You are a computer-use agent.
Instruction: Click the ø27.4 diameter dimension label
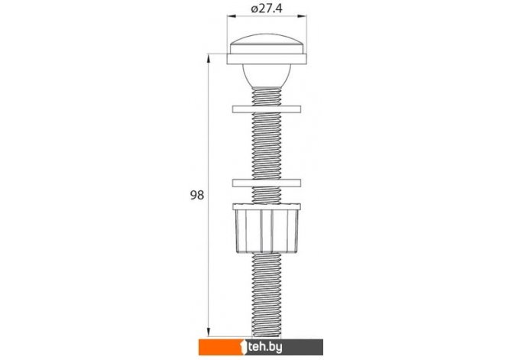pos(267,8)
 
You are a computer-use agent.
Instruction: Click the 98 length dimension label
pos(197,195)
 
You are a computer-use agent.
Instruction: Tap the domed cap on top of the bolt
pos(267,44)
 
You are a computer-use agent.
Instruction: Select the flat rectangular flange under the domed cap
pos(267,59)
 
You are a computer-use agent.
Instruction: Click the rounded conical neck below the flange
pos(267,76)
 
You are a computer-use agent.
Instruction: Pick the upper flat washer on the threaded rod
pos(267,109)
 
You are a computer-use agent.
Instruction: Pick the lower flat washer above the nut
pos(267,183)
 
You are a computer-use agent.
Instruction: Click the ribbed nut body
pos(267,231)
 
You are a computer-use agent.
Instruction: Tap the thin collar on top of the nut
pos(267,206)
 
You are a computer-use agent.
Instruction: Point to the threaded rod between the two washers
pos(267,146)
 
